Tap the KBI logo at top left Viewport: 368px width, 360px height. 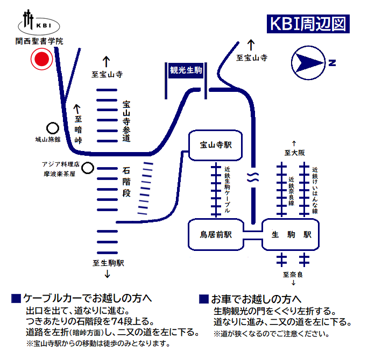40,23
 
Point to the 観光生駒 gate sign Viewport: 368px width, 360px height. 186,70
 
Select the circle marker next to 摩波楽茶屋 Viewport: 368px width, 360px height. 87,168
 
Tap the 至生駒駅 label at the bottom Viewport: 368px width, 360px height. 108,263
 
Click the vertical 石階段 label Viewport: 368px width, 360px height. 126,182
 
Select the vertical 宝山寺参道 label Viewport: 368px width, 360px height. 126,121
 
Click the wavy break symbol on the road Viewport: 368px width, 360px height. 251,179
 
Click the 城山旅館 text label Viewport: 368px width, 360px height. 48,140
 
